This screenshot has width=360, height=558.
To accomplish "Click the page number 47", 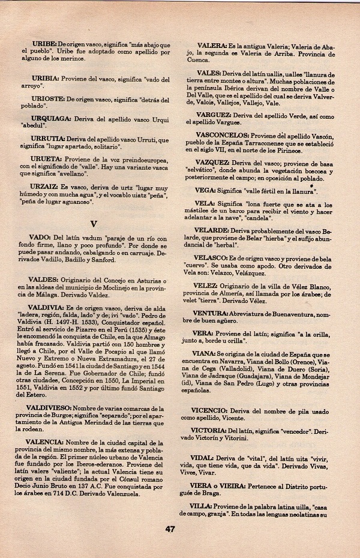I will [170, 529].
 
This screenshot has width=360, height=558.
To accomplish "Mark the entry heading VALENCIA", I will [46, 442].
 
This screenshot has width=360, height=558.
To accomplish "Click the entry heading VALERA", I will [211, 45].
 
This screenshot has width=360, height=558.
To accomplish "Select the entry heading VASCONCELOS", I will [222, 136].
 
